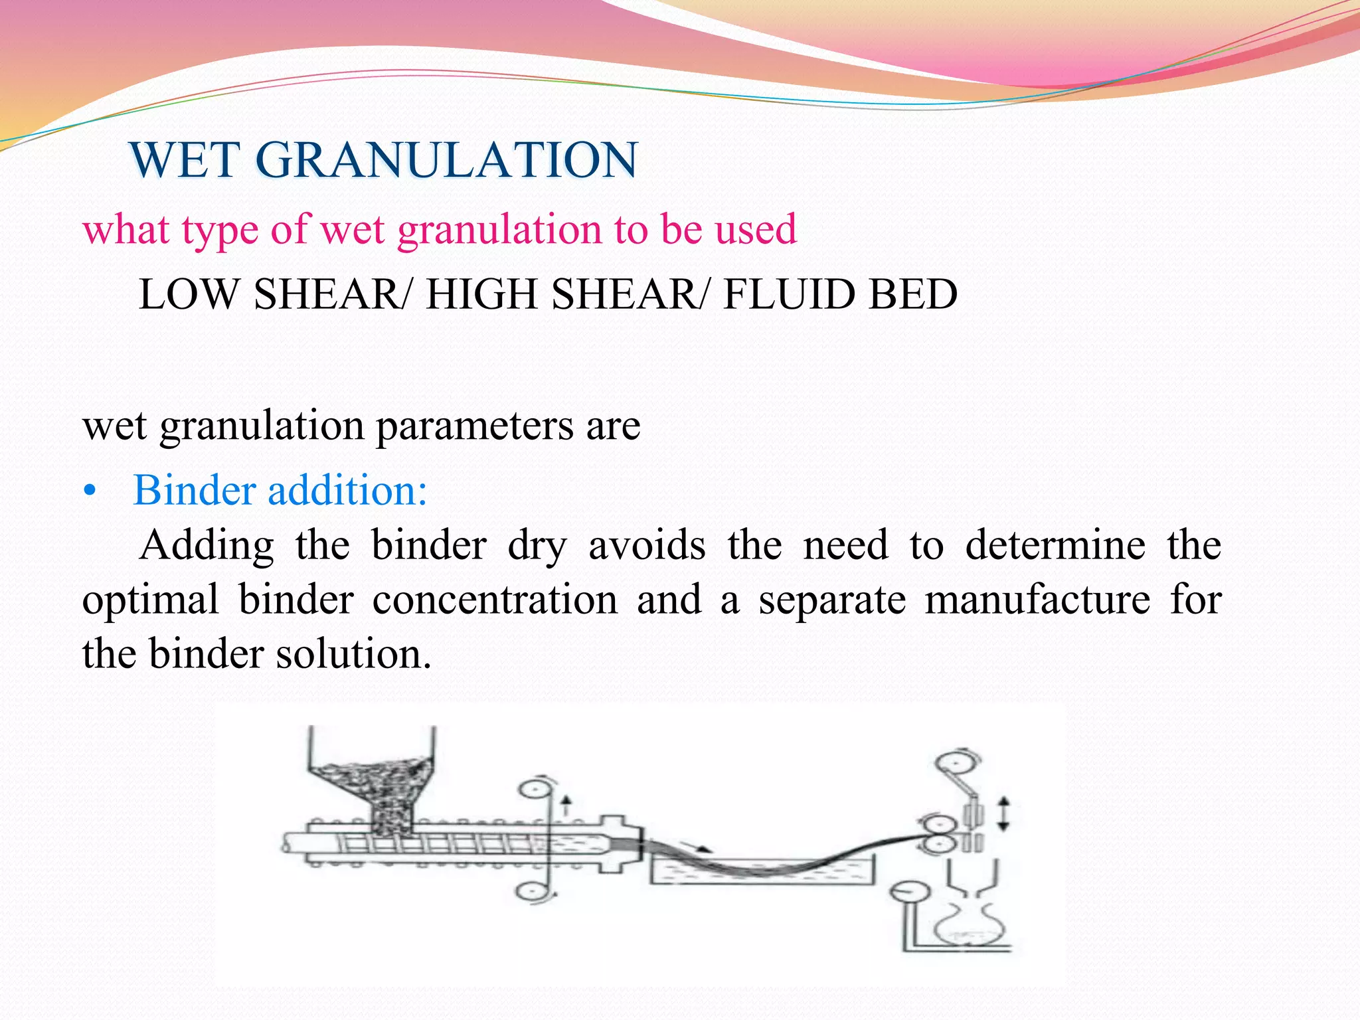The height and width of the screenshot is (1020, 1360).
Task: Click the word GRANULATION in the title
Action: point(446,160)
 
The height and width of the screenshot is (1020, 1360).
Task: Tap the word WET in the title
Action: point(185,160)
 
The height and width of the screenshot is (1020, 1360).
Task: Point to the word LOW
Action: point(188,294)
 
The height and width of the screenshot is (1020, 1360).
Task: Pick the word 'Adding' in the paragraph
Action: point(206,546)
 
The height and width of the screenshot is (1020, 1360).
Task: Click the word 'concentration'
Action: point(495,600)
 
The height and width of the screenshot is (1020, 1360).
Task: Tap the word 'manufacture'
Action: point(1037,600)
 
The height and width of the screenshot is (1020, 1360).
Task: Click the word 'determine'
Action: point(1055,546)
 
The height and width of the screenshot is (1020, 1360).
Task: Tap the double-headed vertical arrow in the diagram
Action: point(1003,814)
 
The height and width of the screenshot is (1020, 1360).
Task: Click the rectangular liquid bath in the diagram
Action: point(762,870)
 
